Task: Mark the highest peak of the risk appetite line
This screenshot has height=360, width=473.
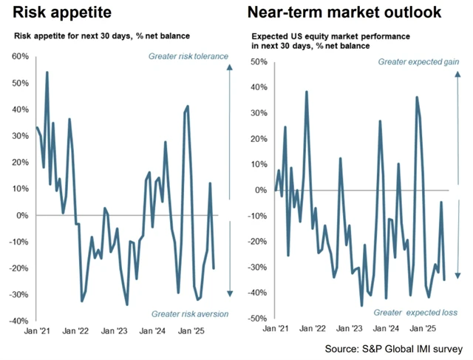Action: [47, 72]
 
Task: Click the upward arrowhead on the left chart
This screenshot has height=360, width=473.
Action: [229, 67]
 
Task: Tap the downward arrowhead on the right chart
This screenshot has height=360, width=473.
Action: [458, 276]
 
